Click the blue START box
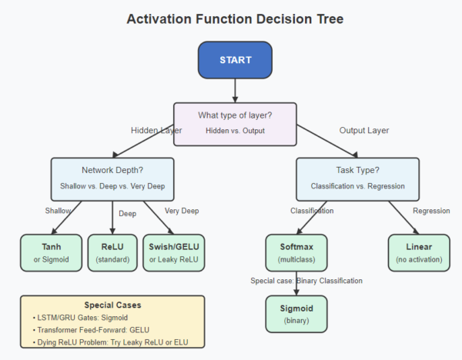(235, 59)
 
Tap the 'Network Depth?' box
(112, 179)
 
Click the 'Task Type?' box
(357, 179)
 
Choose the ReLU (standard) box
(112, 252)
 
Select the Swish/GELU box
(175, 252)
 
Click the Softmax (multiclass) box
(296, 252)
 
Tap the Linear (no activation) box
(420, 252)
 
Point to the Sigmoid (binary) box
(296, 314)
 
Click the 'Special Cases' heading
(112, 305)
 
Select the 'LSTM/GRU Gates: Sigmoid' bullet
(81, 318)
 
